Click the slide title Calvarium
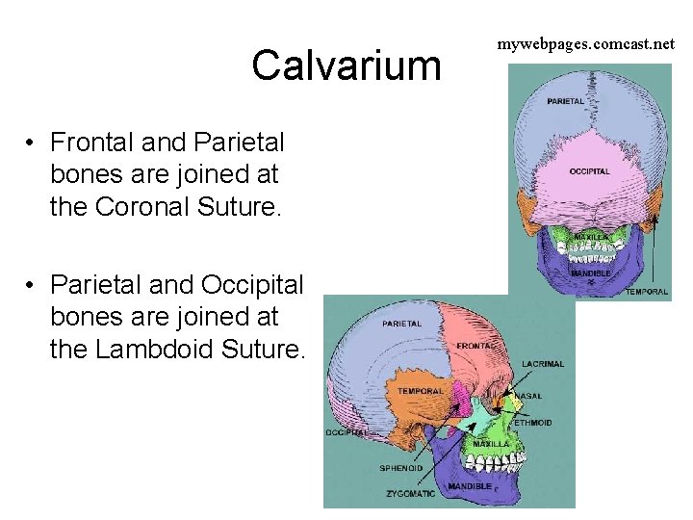click(346, 66)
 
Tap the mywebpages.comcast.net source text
click(585, 44)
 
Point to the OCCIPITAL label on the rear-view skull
click(589, 171)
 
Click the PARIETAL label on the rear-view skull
click(565, 101)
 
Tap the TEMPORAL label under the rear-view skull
click(647, 292)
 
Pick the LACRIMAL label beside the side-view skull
click(543, 364)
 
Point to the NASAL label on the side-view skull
click(528, 396)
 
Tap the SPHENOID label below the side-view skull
click(400, 468)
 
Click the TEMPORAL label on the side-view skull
click(421, 391)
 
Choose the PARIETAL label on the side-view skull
click(402, 324)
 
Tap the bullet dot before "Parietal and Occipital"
click(32, 284)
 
